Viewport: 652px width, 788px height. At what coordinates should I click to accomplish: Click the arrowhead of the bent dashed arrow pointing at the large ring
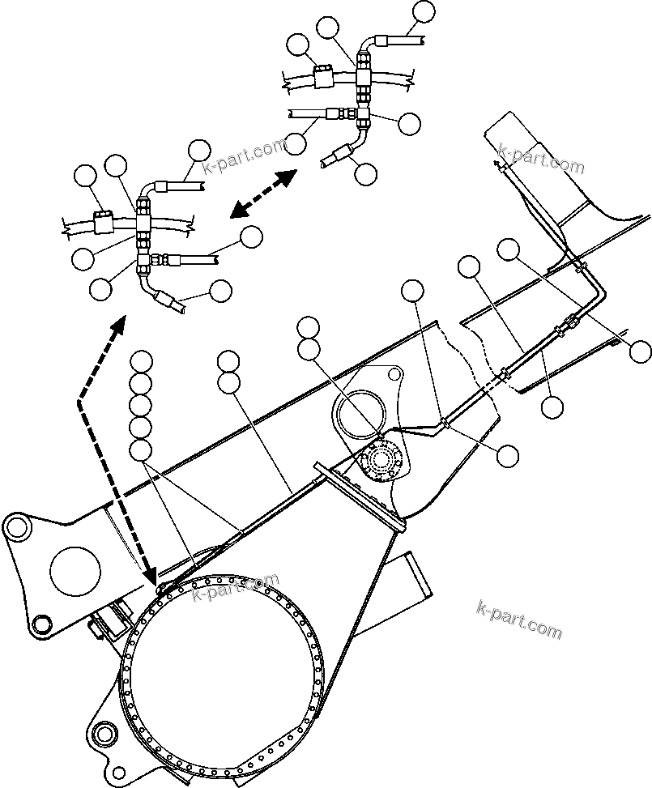pos(149,574)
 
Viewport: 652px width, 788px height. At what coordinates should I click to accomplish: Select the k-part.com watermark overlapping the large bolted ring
pos(236,587)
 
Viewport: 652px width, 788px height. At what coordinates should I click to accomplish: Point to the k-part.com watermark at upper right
pos(541,160)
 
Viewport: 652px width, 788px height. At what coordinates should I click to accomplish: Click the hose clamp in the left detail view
pos(103,221)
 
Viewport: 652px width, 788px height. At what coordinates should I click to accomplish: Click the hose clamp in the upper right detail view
pos(321,78)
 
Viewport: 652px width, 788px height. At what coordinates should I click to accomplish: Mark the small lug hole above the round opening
pos(394,375)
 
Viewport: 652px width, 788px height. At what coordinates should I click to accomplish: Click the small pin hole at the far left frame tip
pos(15,527)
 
